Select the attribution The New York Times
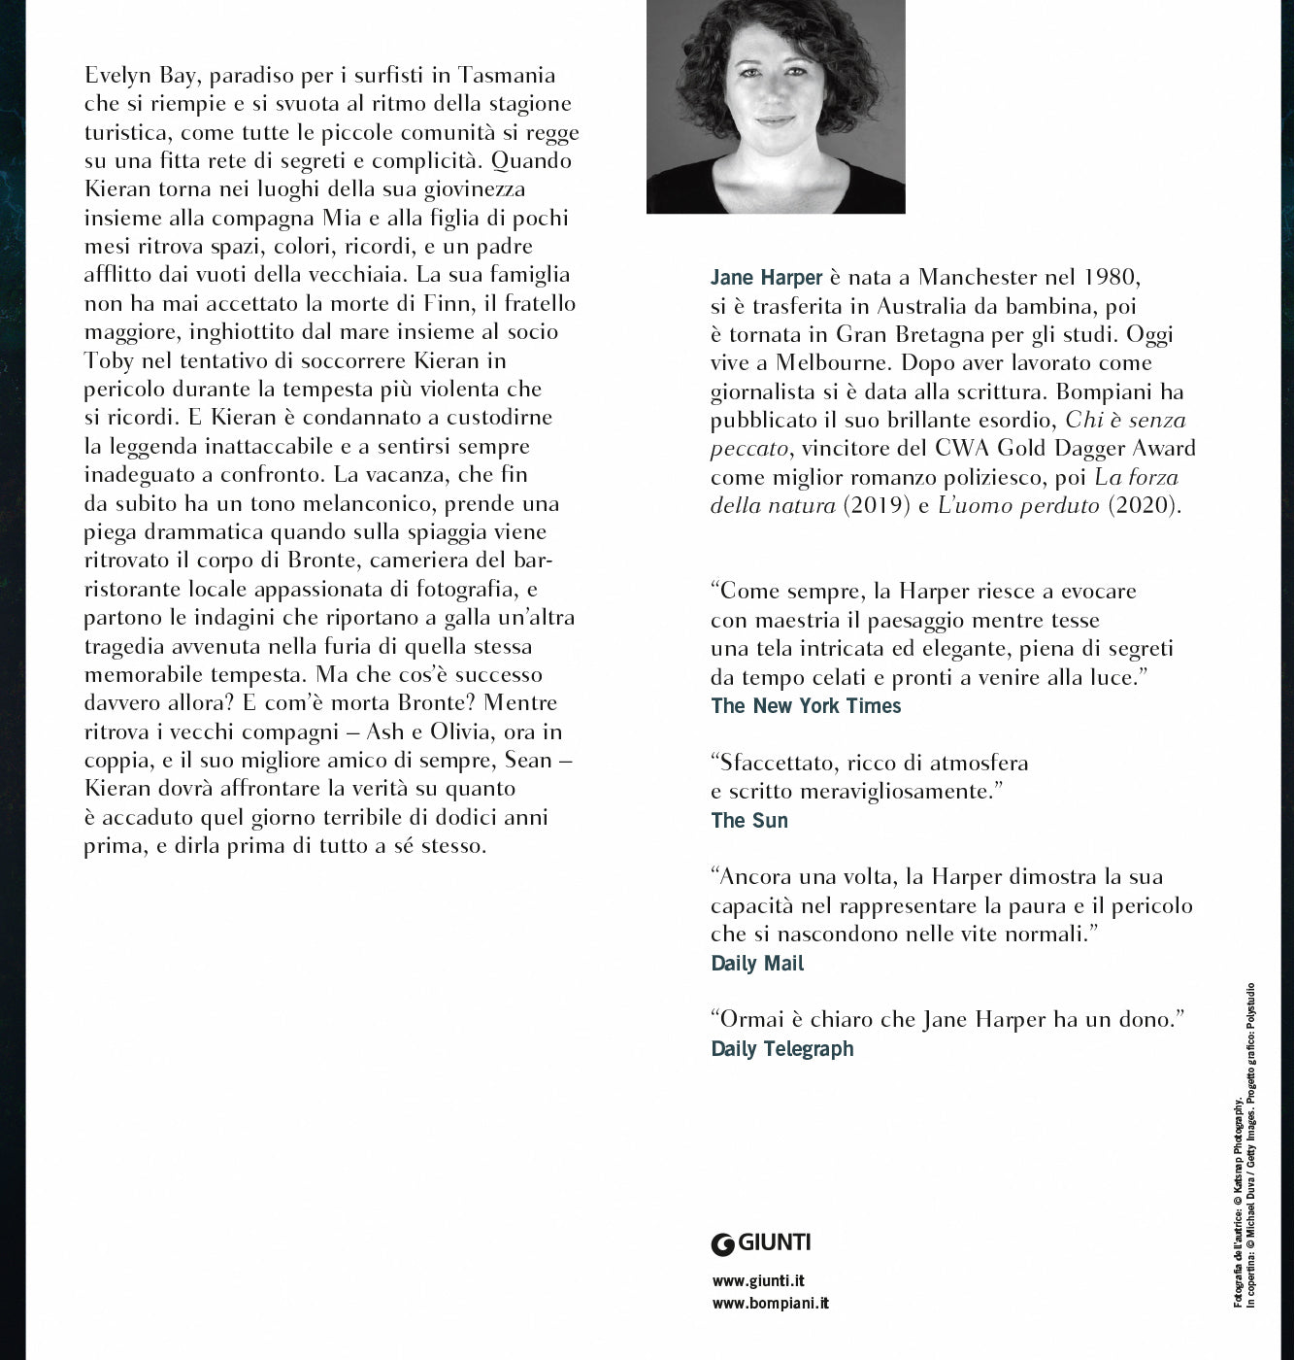806,706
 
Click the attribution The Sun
749,820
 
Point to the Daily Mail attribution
757,964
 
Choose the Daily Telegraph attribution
782,1048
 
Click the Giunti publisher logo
761,1241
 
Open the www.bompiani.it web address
770,1304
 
